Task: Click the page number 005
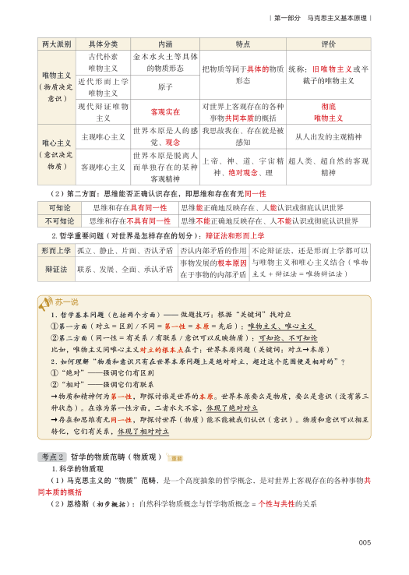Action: pos(364,543)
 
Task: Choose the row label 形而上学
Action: pos(55,251)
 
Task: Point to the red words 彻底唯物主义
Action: pos(328,112)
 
